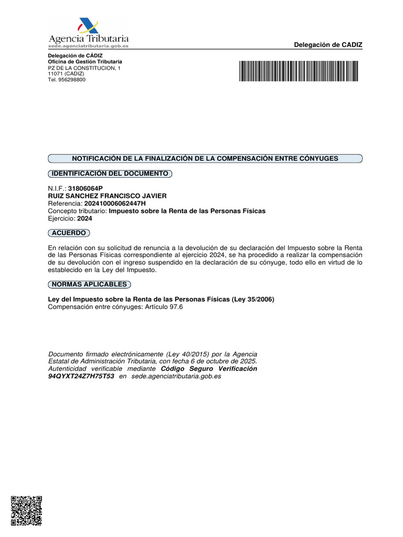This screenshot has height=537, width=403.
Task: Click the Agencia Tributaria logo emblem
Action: point(88,26)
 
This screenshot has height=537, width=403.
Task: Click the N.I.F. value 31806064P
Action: point(86,188)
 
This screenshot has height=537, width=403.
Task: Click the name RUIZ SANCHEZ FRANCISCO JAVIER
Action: point(107,196)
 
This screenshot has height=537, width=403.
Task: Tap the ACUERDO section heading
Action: point(69,232)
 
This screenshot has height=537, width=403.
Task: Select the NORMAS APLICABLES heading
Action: point(89,284)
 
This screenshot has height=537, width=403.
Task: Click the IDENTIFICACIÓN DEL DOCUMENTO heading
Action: point(110,173)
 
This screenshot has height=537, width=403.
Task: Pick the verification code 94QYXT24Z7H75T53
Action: point(81,377)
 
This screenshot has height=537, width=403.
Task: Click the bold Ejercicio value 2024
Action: point(84,219)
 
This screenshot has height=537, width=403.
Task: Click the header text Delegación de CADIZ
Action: point(328,45)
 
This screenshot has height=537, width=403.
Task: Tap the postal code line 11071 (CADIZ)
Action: point(66,74)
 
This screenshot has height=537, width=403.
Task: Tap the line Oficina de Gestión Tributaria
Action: point(85,62)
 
